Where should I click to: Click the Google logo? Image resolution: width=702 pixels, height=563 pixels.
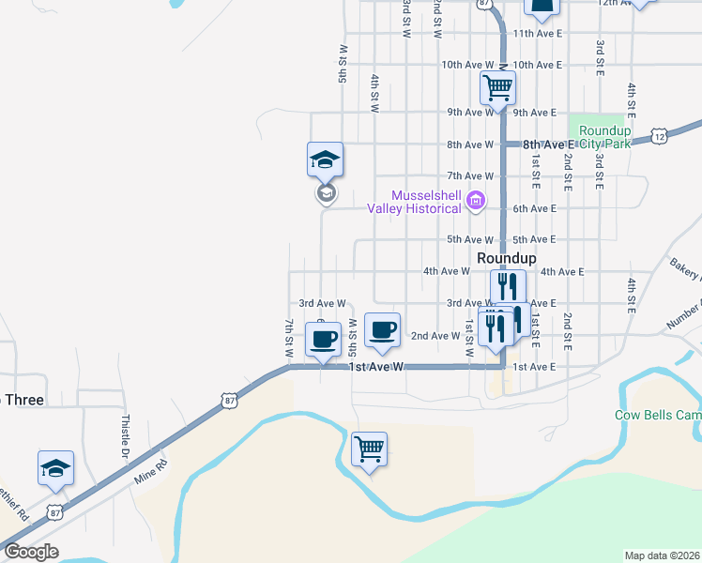[x=31, y=552]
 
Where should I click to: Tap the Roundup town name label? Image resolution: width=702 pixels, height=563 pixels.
[x=507, y=258]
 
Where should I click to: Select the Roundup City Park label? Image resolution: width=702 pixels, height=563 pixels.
[x=605, y=137]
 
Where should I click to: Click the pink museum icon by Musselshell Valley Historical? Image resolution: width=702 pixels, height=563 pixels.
[x=476, y=199]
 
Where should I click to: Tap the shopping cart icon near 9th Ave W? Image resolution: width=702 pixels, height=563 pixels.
[x=496, y=88]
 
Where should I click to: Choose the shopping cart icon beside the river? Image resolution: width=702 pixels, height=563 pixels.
[x=369, y=449]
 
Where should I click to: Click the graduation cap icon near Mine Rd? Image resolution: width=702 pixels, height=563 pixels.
[x=55, y=467]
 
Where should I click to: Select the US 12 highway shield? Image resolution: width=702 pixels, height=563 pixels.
[x=661, y=137]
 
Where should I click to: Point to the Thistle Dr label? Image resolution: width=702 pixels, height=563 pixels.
[x=125, y=434]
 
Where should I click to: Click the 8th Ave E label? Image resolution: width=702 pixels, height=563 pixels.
[x=548, y=145]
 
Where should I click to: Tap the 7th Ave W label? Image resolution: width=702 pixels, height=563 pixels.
[x=470, y=176]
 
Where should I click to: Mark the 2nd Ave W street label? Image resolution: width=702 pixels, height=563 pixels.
[x=435, y=336]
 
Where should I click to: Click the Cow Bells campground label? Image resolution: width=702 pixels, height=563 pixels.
[x=657, y=414]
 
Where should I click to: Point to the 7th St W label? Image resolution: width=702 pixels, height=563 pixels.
[x=288, y=339]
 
